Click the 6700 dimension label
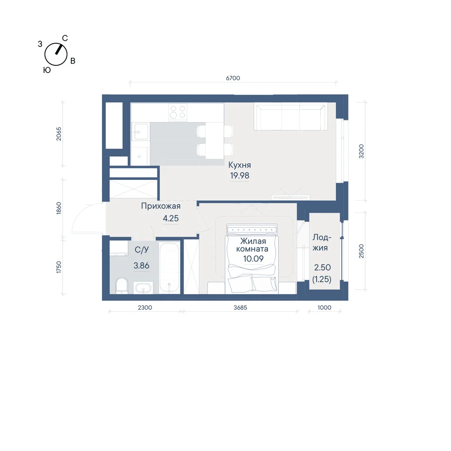click(x=233, y=78)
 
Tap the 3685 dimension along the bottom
click(x=240, y=308)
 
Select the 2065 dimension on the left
click(x=59, y=134)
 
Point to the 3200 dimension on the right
click(x=361, y=151)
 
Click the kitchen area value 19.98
click(x=239, y=175)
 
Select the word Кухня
click(x=239, y=165)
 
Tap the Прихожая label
click(x=161, y=206)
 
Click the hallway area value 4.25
click(x=170, y=218)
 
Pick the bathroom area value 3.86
click(x=141, y=266)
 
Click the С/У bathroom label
click(x=142, y=250)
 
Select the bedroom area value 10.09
click(x=253, y=258)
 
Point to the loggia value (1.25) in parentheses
click(x=322, y=279)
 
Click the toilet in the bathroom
click(x=122, y=285)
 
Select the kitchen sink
click(x=141, y=132)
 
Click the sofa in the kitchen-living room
click(x=290, y=117)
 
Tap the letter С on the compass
click(x=65, y=38)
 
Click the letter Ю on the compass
click(x=47, y=70)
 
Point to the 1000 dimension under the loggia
click(x=324, y=308)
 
